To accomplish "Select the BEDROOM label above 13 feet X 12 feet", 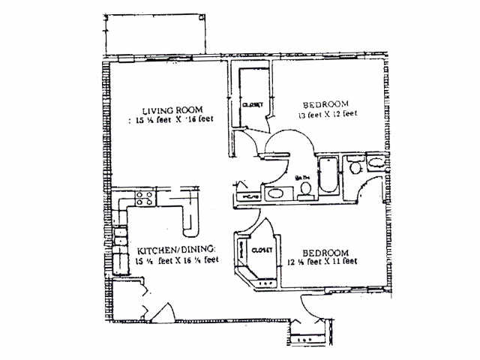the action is [x=325, y=104].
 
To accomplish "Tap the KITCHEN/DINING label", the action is [x=177, y=249].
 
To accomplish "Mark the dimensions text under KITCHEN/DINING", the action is [x=177, y=260].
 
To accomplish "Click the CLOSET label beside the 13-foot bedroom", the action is [x=251, y=106].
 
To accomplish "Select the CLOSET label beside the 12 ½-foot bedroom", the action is [x=262, y=250].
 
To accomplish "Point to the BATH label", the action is [x=303, y=178].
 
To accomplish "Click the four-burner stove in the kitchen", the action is [x=145, y=199].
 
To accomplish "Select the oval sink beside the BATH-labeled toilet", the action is [x=276, y=193].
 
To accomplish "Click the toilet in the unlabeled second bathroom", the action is [x=355, y=166].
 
